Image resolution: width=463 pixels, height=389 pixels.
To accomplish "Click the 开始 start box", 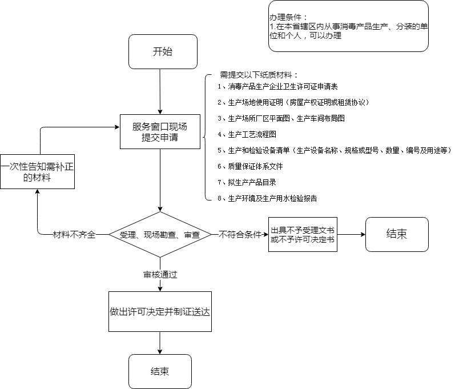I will (x=163, y=52).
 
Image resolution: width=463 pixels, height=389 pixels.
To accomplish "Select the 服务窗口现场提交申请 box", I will (x=160, y=132).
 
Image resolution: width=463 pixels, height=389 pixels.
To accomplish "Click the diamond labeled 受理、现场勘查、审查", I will (x=160, y=235).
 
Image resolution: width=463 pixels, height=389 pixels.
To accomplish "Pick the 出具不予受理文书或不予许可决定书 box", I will (x=303, y=235).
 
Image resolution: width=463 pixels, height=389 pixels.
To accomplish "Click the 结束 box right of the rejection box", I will (x=397, y=234).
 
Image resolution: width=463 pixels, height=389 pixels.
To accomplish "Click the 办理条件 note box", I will (x=348, y=26).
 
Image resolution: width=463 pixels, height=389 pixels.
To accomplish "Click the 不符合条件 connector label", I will (x=240, y=235).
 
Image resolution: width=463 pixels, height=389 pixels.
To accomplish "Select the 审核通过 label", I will (x=160, y=275).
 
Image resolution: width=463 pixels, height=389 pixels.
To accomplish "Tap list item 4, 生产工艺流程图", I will (x=251, y=135).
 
